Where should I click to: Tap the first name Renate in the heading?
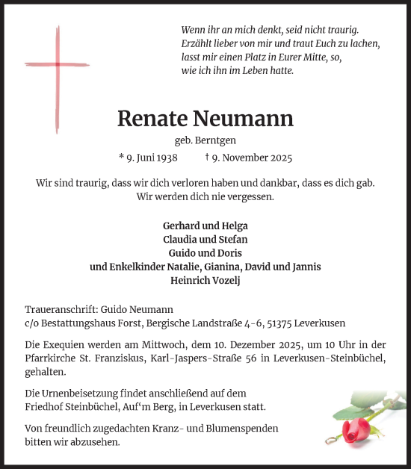[152, 119]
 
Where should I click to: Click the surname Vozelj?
[226, 280]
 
